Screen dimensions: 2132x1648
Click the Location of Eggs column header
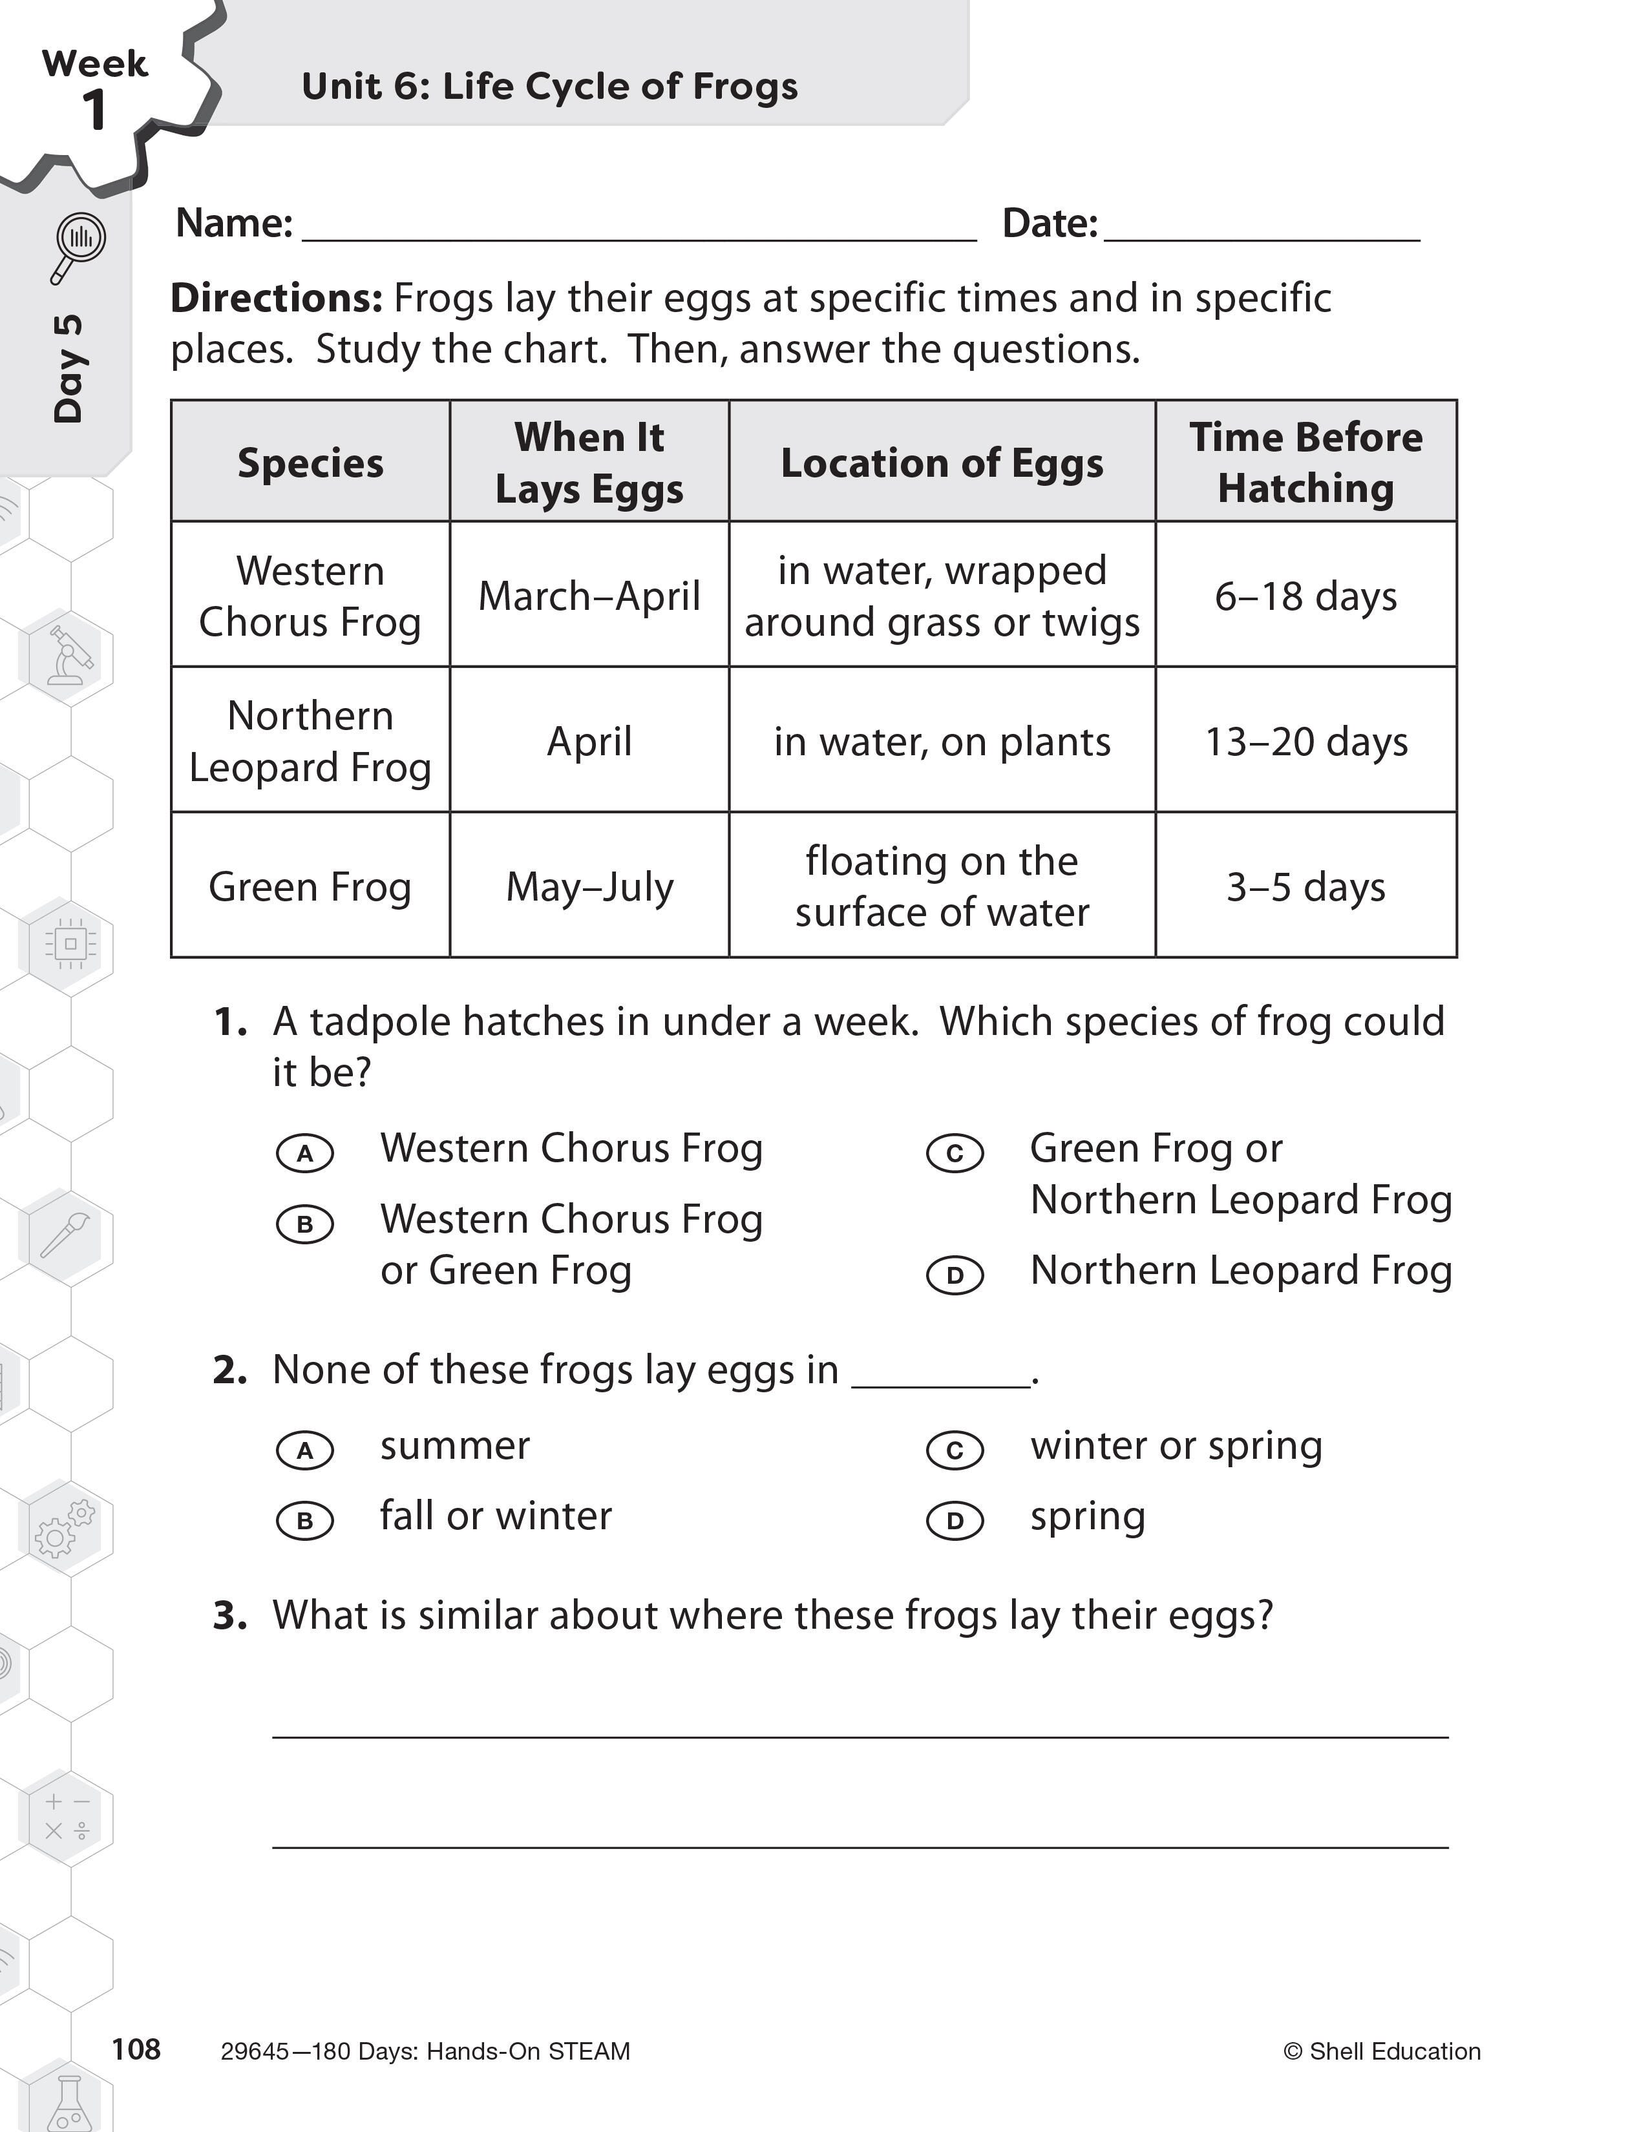point(941,463)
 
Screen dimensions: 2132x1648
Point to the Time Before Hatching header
point(1305,462)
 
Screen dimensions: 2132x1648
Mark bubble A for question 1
point(304,1153)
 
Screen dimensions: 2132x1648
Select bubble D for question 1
point(955,1275)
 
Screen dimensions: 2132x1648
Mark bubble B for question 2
point(304,1520)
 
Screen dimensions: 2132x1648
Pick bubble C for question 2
point(955,1450)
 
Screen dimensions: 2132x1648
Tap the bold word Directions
point(277,298)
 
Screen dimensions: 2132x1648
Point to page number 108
point(136,2049)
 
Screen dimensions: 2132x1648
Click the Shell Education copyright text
point(1382,2051)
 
